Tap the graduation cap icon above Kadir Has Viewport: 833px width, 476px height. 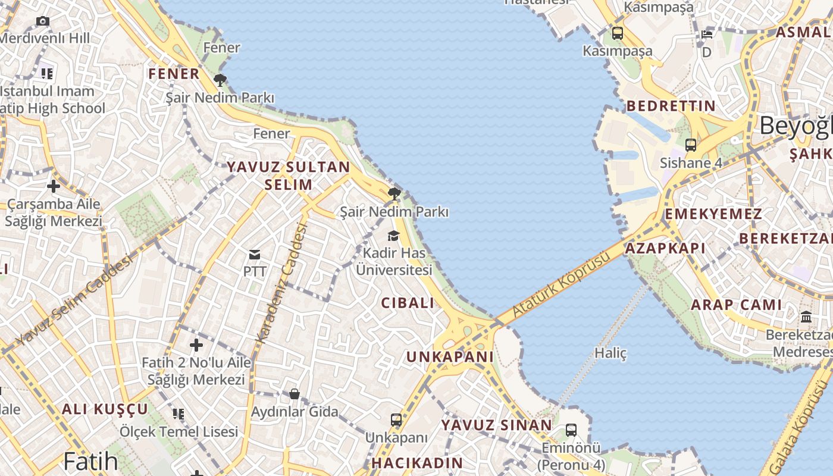394,236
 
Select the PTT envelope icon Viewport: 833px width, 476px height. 255,255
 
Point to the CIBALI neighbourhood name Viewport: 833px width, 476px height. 408,303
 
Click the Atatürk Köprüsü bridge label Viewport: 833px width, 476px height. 561,283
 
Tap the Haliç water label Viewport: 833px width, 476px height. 610,353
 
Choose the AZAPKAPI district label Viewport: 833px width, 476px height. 665,249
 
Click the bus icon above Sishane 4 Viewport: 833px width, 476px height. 690,145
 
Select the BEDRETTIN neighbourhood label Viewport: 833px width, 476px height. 671,107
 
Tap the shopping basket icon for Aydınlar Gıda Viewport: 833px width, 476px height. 294,394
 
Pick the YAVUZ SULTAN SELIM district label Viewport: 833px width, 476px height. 289,176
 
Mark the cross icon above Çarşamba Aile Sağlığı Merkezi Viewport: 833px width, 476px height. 54,186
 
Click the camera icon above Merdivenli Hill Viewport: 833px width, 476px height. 42,21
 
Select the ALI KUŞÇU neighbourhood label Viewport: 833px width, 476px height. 105,409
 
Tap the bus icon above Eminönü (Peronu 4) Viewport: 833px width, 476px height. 571,430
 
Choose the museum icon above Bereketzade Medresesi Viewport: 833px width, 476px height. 806,317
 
